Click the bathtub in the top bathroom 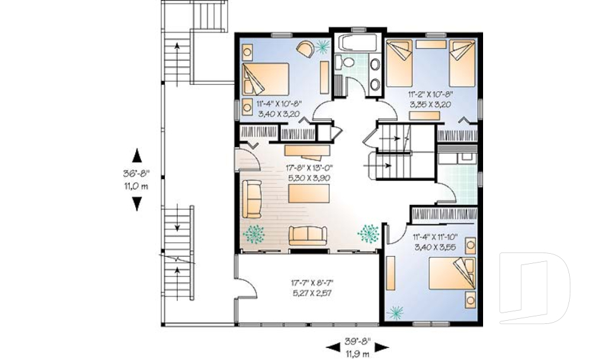(x=357, y=42)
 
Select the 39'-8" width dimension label (x=358, y=342)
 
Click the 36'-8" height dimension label (x=137, y=173)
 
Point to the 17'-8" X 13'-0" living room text (x=309, y=168)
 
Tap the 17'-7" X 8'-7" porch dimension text (x=312, y=283)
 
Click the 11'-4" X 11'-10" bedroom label (x=435, y=237)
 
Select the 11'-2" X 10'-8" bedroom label (x=431, y=94)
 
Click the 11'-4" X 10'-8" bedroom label (x=279, y=104)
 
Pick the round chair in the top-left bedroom (x=305, y=49)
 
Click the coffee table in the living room (x=309, y=194)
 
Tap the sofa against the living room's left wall (x=252, y=199)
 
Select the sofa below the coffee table (x=308, y=235)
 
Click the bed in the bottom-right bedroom (x=451, y=273)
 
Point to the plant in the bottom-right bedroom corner (x=396, y=312)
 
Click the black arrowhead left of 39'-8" (x=333, y=347)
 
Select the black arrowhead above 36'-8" (x=137, y=156)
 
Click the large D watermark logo (x=534, y=288)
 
